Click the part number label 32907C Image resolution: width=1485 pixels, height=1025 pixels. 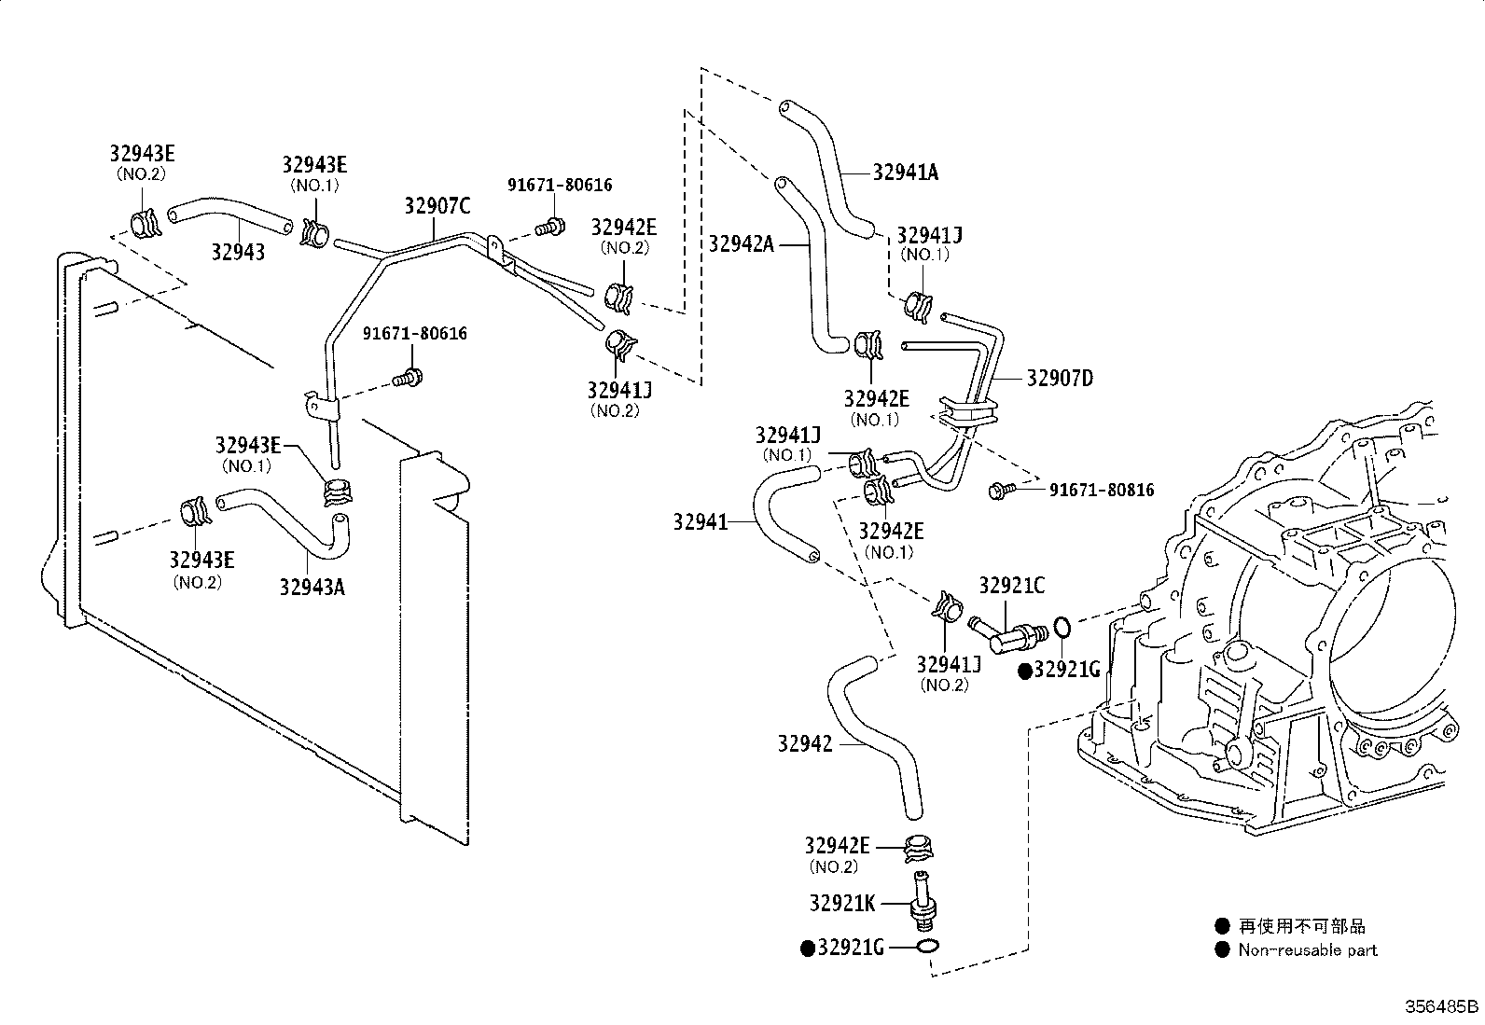tap(437, 206)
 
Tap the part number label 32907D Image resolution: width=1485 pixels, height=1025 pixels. tap(1059, 378)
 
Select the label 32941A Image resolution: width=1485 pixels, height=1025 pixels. tap(906, 172)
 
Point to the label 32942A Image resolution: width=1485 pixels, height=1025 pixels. tap(741, 243)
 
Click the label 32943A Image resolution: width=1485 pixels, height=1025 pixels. tap(312, 587)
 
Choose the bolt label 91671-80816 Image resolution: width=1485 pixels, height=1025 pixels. tap(1102, 490)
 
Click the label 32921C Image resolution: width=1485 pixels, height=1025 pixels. tap(1011, 586)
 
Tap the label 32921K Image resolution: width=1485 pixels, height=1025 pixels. tap(842, 903)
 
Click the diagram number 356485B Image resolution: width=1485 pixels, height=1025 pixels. tap(1442, 1006)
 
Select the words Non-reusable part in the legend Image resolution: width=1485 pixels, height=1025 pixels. tap(1307, 950)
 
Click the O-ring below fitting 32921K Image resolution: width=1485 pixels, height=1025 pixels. tap(926, 948)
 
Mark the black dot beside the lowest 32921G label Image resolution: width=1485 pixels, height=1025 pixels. tap(808, 948)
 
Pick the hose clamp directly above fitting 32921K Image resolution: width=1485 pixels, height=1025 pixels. tap(919, 847)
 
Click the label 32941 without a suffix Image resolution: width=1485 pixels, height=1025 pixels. tap(700, 522)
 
